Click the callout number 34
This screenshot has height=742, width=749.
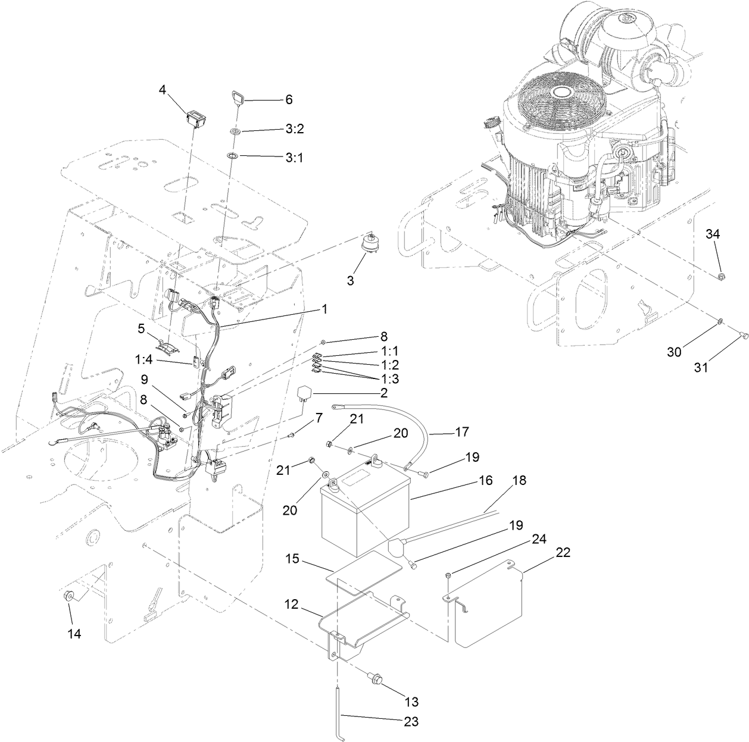(713, 234)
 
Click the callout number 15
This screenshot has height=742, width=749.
(292, 561)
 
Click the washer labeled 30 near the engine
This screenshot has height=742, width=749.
(719, 322)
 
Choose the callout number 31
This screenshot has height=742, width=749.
(701, 367)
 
